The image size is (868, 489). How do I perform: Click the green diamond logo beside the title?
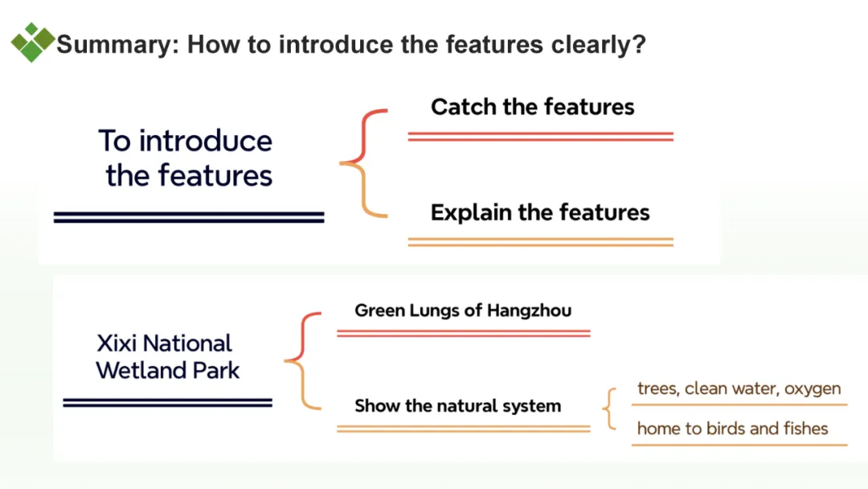[x=32, y=43]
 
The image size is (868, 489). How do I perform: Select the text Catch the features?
[x=532, y=107]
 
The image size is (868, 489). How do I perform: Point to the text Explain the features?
[x=539, y=212]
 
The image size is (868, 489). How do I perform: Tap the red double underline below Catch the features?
[x=540, y=137]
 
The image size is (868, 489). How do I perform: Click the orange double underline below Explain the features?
[x=540, y=241]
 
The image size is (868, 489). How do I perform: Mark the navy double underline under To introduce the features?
[x=189, y=217]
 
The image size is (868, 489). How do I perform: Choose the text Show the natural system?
[x=457, y=405]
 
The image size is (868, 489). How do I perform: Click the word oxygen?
[x=813, y=388]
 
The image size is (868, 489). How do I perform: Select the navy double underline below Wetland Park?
[x=167, y=403]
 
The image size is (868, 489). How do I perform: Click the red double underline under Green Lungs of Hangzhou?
[x=463, y=333]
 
